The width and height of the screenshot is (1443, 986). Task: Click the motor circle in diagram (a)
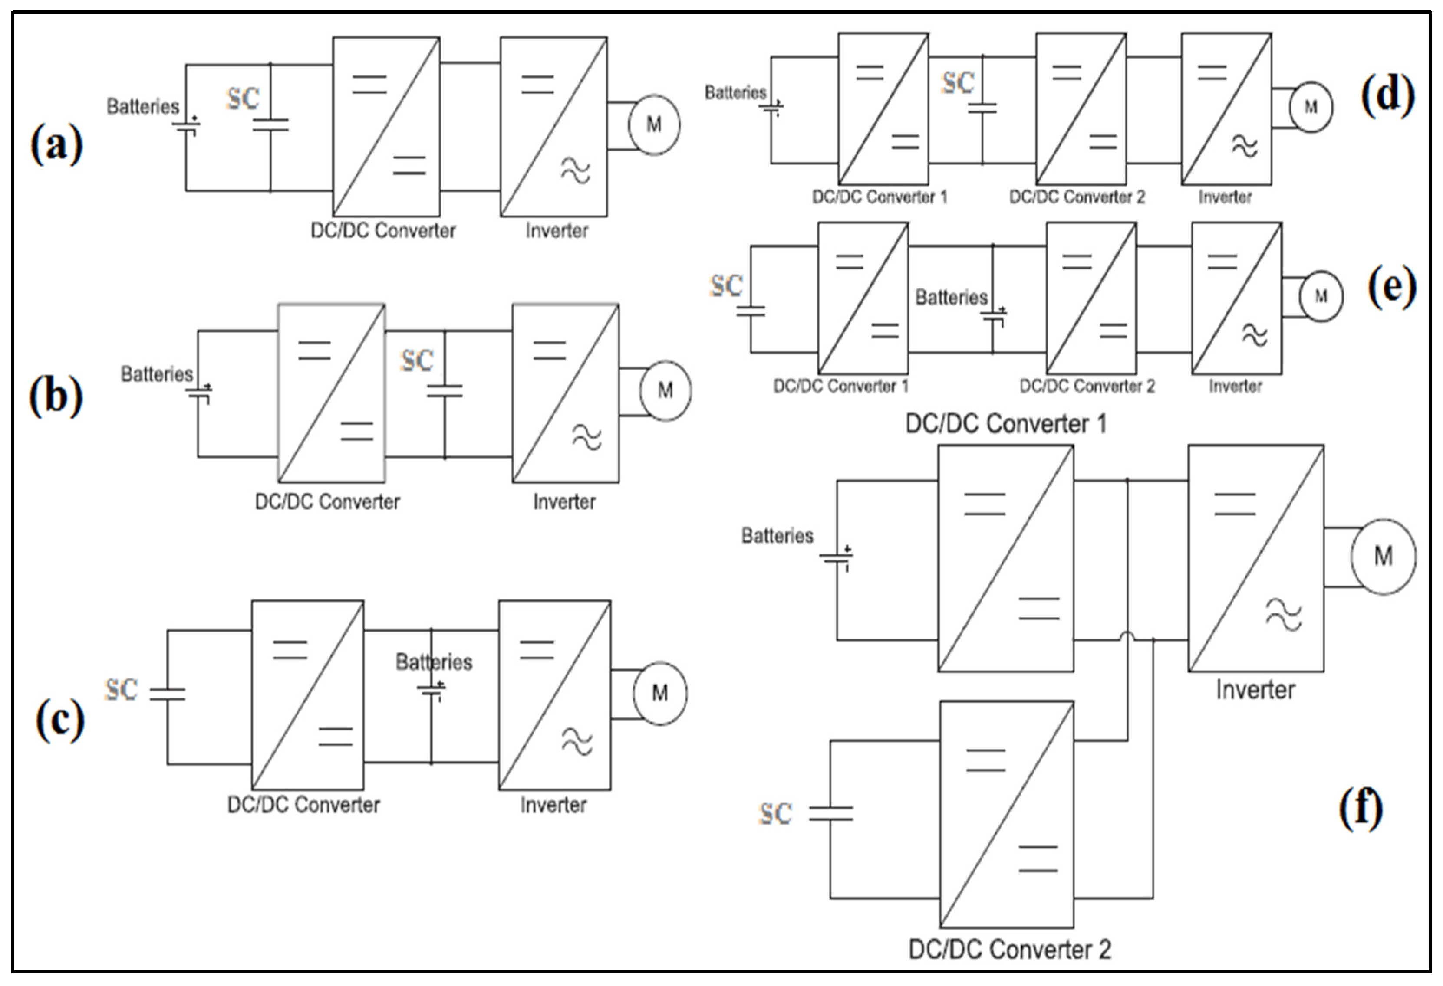(654, 125)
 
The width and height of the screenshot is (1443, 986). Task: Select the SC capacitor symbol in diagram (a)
(270, 125)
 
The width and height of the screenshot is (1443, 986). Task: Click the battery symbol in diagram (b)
(199, 392)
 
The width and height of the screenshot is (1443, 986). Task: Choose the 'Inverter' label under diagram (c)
(553, 805)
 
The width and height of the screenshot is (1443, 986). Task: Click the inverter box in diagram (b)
(565, 393)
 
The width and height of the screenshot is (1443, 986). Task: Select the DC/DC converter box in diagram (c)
(307, 694)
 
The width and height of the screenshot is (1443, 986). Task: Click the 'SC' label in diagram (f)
(775, 813)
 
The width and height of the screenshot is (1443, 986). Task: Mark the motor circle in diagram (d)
(1310, 107)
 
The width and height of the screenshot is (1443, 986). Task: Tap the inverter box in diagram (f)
(1255, 558)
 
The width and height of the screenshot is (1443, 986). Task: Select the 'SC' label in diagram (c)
(121, 689)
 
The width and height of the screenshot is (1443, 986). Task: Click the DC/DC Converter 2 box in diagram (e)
(1091, 298)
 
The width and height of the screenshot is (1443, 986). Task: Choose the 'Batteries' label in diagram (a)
(143, 107)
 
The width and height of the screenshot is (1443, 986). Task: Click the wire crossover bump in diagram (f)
(1127, 635)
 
